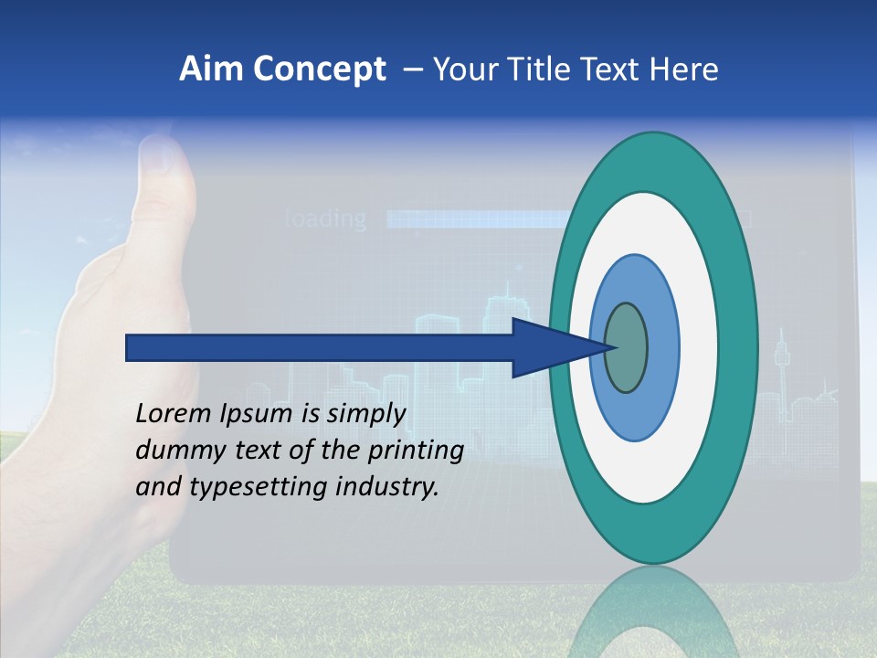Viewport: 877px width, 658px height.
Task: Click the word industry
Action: tap(387, 487)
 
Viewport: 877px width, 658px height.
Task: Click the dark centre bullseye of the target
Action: tap(626, 348)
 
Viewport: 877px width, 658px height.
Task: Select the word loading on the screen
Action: tap(326, 219)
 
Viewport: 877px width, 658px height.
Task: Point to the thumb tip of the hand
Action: tap(163, 155)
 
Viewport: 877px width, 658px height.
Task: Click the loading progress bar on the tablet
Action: tap(475, 219)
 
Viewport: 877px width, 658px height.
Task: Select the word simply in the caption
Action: tap(365, 414)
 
